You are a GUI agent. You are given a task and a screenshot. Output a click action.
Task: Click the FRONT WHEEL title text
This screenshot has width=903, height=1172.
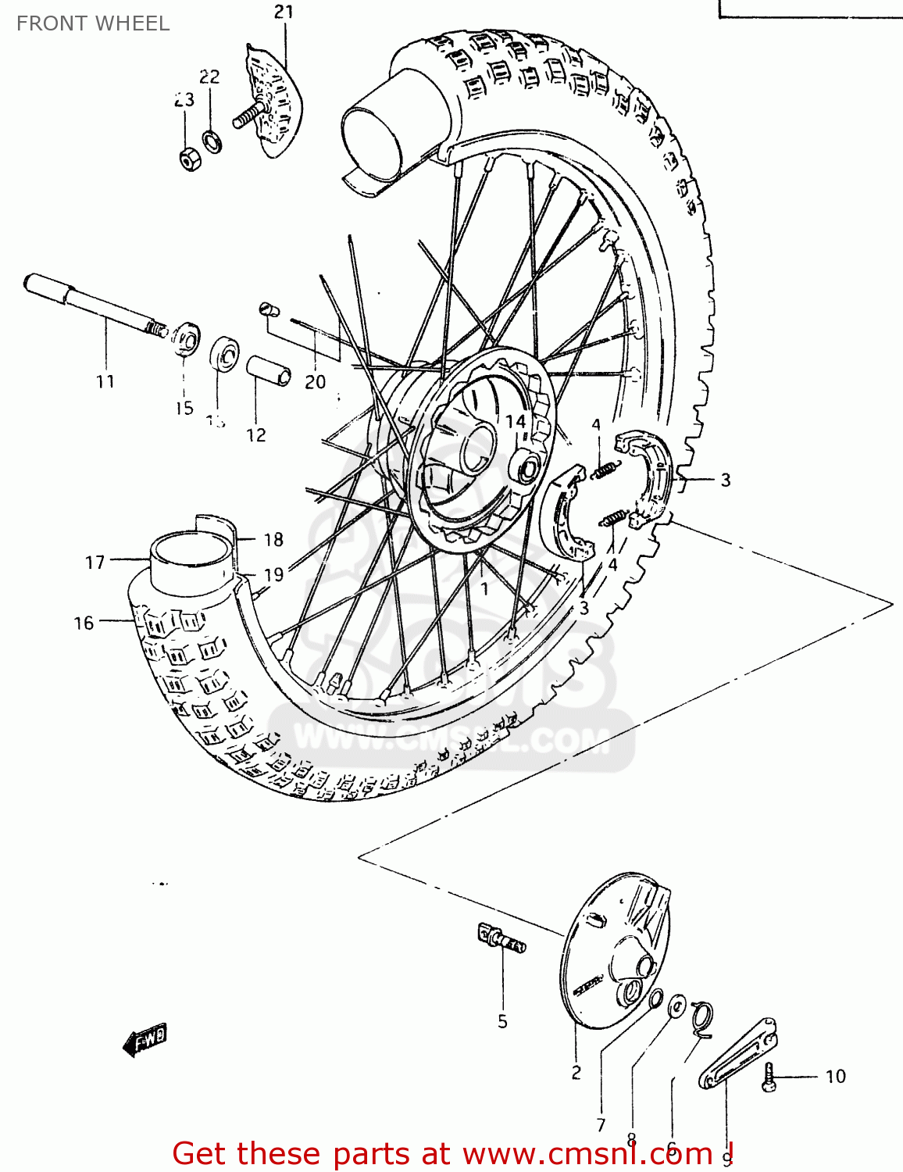(x=92, y=23)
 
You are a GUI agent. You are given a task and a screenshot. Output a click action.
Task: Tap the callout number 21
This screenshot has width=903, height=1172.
(x=284, y=12)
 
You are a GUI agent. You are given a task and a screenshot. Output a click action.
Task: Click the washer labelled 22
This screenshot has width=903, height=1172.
(x=211, y=141)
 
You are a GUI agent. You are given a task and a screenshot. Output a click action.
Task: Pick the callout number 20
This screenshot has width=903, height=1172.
(x=315, y=382)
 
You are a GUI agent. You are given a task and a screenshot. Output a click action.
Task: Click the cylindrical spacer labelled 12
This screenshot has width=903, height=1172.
(x=269, y=371)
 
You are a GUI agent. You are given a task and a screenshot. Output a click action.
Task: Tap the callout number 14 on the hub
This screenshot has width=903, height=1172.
(x=515, y=422)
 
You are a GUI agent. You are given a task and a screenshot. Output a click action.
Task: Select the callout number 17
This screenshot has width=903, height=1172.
(x=95, y=563)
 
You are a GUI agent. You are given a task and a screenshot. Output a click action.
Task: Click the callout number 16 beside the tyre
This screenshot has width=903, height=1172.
(x=84, y=623)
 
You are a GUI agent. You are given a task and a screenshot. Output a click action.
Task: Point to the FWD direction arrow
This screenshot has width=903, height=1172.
(x=146, y=1040)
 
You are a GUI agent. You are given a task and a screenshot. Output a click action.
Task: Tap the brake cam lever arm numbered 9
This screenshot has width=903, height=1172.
(x=739, y=1055)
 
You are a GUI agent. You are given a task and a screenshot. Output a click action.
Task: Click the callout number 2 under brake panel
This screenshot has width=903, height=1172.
(x=576, y=1073)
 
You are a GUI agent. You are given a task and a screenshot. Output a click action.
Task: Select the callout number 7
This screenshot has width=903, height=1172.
(x=601, y=1125)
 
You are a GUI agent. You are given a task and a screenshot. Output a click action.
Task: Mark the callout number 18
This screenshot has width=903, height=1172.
(x=273, y=540)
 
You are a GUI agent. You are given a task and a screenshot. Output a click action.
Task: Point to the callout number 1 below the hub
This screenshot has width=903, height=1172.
(x=484, y=589)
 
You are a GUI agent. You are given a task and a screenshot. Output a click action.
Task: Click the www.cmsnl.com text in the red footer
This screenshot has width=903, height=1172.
(x=587, y=1154)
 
